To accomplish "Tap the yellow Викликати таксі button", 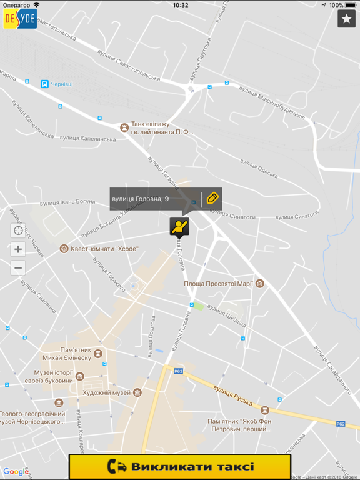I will tap(180, 466).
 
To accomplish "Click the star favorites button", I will tap(346, 19).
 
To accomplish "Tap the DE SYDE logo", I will tap(20, 19).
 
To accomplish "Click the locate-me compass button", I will tap(18, 231).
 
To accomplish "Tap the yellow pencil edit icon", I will tap(212, 199).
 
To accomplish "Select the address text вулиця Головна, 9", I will tap(141, 199).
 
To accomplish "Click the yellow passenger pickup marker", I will tap(179, 227).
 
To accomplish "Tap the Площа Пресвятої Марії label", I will tap(218, 283).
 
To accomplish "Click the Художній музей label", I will tap(106, 392).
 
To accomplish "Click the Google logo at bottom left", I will tap(16, 472).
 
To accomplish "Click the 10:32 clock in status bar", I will tap(180, 5).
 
